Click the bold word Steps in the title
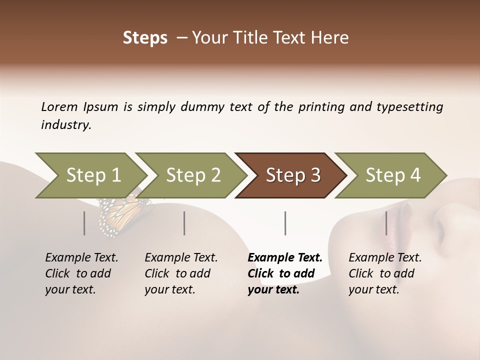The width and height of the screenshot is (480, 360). click(x=145, y=38)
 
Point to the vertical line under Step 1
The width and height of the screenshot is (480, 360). click(x=84, y=223)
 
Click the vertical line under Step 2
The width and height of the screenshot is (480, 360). click(x=184, y=223)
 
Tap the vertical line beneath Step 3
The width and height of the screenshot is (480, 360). click(x=285, y=223)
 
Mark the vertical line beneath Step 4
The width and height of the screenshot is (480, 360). click(x=386, y=223)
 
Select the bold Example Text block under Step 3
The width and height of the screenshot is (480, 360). click(x=284, y=273)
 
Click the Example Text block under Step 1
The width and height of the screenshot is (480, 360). click(x=81, y=273)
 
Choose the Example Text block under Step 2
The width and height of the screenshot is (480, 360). click(x=181, y=273)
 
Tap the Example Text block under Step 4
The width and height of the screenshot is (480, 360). click(x=385, y=273)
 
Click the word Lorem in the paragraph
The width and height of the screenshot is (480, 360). click(x=59, y=107)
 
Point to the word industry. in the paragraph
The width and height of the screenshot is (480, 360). click(x=66, y=125)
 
